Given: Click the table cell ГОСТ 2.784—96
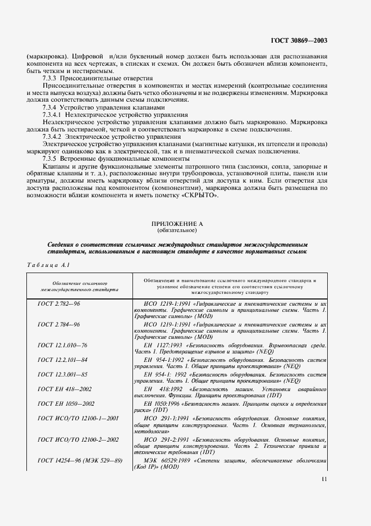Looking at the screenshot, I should point(58,325).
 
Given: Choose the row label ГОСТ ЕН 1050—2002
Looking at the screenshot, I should point(67,404).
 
